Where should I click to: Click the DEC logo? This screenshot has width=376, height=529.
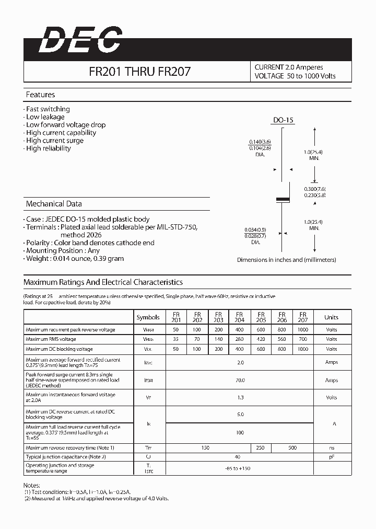pyautogui.click(x=80, y=40)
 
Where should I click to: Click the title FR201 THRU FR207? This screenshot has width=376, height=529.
pyautogui.click(x=139, y=72)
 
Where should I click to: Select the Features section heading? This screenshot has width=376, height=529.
pyautogui.click(x=40, y=95)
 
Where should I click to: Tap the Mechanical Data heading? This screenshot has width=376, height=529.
pyautogui.click(x=54, y=204)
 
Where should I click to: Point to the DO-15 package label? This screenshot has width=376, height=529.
pyautogui.click(x=284, y=120)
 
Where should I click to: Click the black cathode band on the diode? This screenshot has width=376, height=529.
pyautogui.click(x=283, y=199)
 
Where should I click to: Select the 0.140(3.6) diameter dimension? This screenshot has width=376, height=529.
pyautogui.click(x=260, y=142)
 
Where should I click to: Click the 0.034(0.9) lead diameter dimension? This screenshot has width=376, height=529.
pyautogui.click(x=255, y=229)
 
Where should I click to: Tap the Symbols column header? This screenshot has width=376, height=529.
pyautogui.click(x=148, y=317)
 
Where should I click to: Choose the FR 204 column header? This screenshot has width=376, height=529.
pyautogui.click(x=239, y=317)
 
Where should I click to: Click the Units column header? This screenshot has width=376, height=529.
pyautogui.click(x=331, y=317)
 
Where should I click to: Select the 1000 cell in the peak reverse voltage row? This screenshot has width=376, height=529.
pyautogui.click(x=302, y=330)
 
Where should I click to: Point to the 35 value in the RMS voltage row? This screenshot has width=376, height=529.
pyautogui.click(x=175, y=339)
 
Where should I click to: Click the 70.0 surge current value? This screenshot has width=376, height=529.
pyautogui.click(x=239, y=381)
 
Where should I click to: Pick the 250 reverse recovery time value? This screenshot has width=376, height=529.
pyautogui.click(x=260, y=447)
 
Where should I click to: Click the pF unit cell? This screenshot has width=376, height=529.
pyautogui.click(x=331, y=457)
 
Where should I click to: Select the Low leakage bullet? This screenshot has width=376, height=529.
pyautogui.click(x=45, y=117)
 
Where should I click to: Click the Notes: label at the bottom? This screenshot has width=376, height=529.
pyautogui.click(x=32, y=486)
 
